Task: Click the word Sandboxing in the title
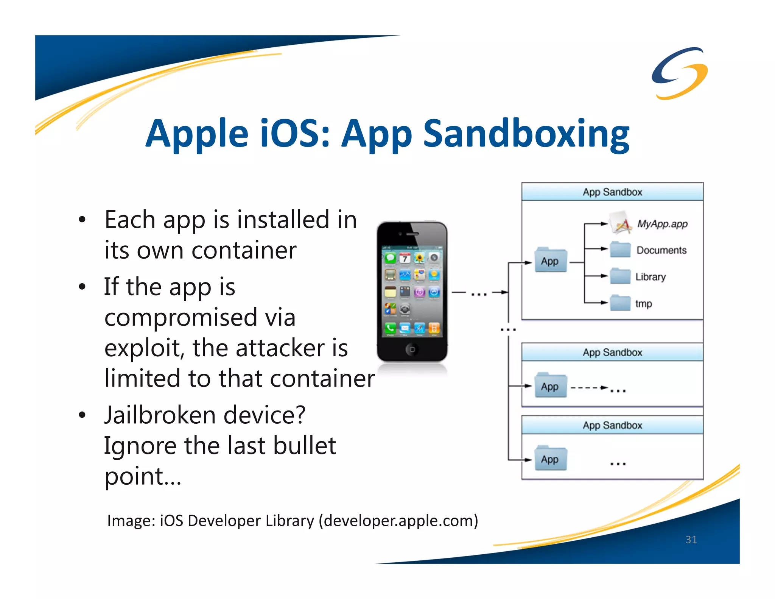526,134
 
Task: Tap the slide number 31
691,539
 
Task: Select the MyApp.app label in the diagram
662,224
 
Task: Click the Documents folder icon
620,250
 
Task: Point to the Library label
650,277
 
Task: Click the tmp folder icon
620,303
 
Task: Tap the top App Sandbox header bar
612,192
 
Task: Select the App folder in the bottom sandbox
551,459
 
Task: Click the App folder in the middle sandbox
551,386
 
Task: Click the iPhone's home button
412,349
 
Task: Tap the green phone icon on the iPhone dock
390,328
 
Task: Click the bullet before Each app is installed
82,220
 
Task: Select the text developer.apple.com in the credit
398,521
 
